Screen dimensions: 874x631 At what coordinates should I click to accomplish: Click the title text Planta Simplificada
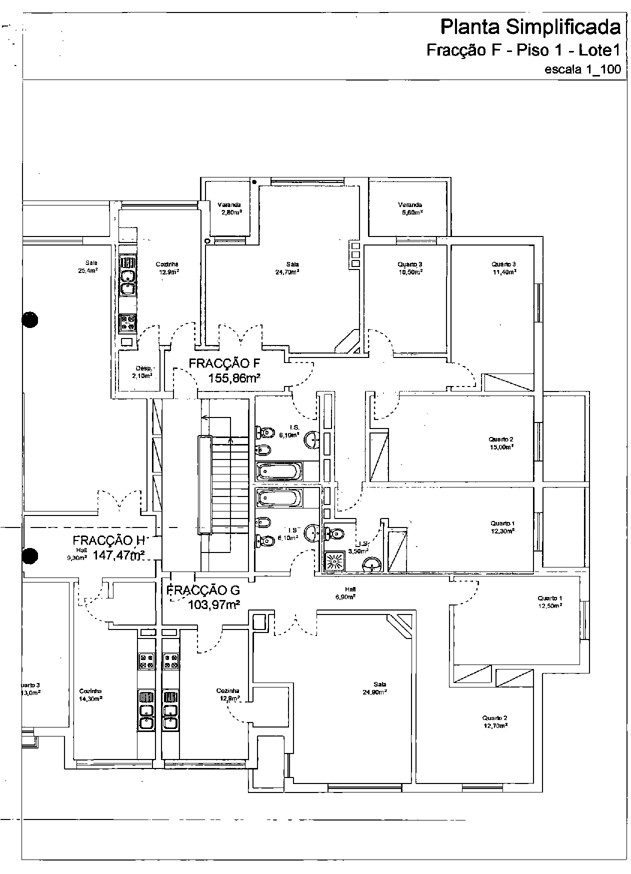point(530,27)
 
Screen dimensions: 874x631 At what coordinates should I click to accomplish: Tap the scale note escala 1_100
point(582,69)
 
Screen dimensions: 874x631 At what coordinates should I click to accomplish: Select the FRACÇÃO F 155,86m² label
point(224,370)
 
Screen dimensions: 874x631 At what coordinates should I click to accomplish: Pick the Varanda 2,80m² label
point(229,208)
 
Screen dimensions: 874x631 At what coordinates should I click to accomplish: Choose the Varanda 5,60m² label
point(410,208)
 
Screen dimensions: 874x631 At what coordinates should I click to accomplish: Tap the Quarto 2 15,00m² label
point(501,443)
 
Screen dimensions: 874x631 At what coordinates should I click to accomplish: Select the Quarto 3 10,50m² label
point(410,268)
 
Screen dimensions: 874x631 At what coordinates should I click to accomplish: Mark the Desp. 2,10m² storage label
point(142,372)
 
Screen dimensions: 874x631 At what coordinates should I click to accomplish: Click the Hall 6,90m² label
point(345,593)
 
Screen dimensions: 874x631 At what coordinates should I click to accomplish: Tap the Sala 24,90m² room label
point(374,688)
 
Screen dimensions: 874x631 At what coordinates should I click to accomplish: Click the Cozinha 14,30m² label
point(90,694)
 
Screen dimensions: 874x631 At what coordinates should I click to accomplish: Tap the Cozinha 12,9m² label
point(167,268)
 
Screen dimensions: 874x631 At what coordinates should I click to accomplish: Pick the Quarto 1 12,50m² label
point(550,601)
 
